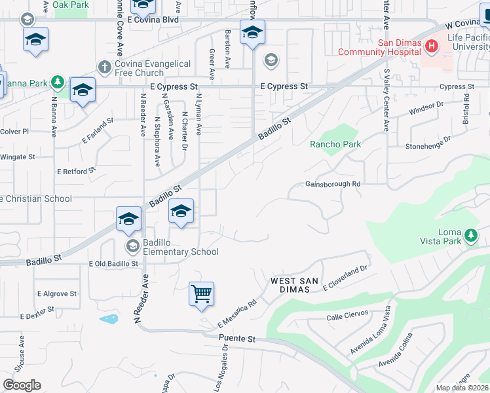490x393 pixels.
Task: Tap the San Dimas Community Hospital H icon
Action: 431,46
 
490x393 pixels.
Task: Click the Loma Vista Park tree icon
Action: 470,235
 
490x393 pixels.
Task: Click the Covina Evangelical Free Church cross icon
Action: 104,67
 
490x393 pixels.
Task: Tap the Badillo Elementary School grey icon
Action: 132,246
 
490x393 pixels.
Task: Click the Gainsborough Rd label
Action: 333,184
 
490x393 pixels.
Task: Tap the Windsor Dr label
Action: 426,108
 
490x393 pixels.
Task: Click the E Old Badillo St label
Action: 113,264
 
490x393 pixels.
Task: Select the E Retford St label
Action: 76,171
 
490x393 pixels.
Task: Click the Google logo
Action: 22,385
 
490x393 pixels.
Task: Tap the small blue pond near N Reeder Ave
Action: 109,319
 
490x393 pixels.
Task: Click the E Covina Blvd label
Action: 153,20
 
